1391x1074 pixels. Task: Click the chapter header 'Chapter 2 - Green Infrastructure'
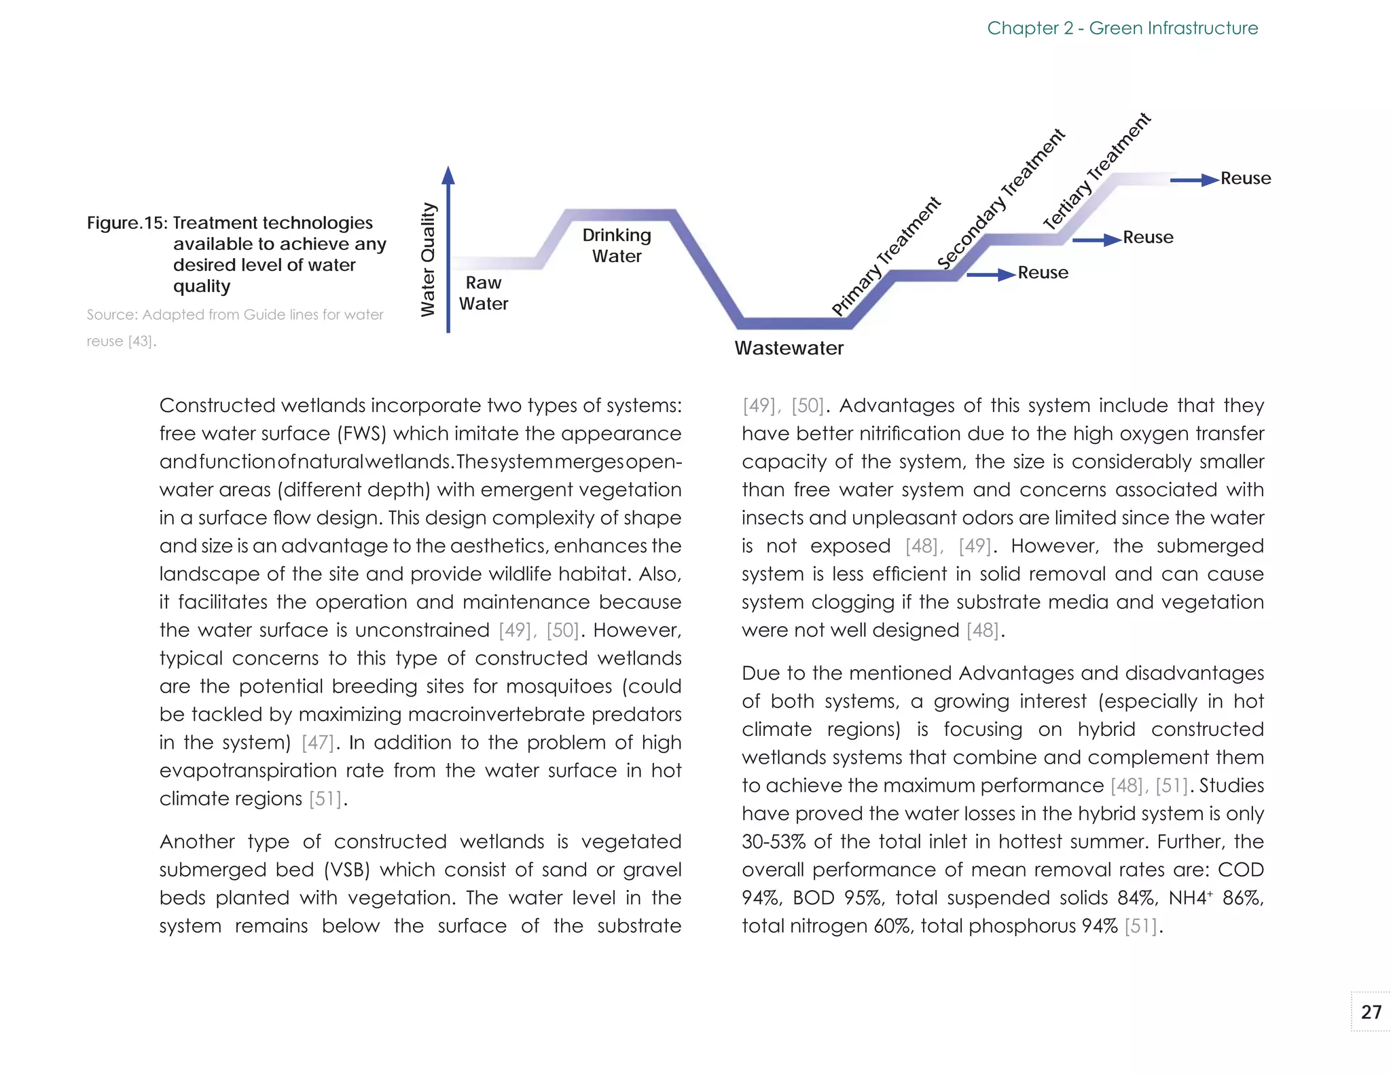click(1122, 28)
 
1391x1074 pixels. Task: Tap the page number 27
click(1371, 1012)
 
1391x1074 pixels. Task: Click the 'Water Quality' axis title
click(428, 259)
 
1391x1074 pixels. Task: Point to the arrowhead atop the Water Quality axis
click(448, 175)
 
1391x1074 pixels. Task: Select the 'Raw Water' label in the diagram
click(483, 293)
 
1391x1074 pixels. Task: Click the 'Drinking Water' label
click(616, 245)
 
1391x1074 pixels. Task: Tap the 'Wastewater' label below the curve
click(789, 348)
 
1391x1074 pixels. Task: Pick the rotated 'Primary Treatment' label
click(886, 256)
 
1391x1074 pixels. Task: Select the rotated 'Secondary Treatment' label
click(1000, 198)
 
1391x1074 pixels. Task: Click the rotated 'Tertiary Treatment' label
click(1096, 171)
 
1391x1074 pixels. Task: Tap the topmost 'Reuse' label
click(1245, 178)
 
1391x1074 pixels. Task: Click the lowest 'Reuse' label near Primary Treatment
click(1043, 272)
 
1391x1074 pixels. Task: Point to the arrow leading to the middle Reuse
click(1096, 240)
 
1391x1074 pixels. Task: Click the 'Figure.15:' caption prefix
click(127, 223)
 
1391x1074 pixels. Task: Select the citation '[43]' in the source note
click(141, 341)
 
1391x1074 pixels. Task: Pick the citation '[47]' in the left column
click(317, 742)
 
